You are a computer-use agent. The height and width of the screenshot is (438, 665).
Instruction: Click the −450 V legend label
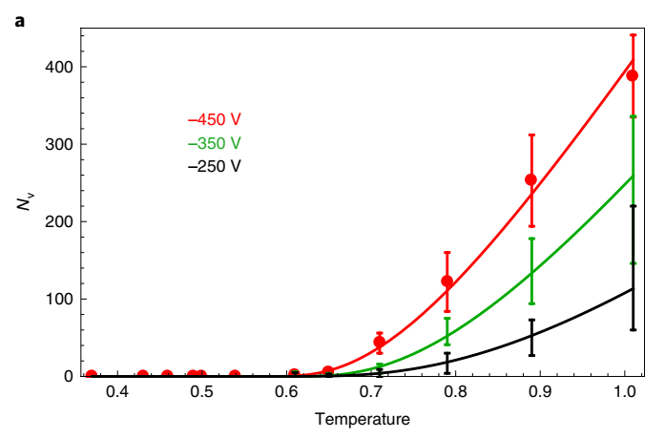tap(215, 120)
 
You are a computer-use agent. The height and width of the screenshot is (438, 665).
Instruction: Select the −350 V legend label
tap(215, 143)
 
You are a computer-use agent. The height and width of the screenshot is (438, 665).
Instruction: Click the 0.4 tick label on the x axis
tap(116, 392)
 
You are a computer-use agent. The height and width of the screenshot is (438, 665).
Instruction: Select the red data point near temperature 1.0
tap(632, 75)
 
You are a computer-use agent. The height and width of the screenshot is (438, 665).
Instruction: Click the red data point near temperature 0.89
tap(531, 179)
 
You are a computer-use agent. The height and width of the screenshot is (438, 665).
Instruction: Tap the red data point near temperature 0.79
tap(447, 282)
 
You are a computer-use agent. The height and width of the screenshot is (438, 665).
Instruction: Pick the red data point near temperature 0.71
tap(379, 342)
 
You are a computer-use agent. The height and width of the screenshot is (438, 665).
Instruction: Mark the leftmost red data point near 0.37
tap(92, 375)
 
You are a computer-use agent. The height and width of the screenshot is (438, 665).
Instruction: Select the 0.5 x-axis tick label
tap(201, 392)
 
